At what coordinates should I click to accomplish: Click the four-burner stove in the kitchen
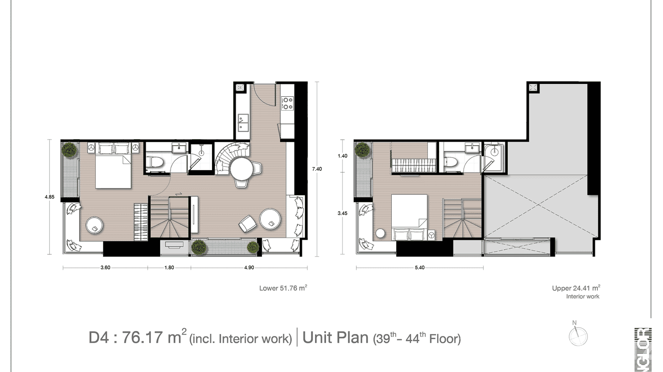[x=287, y=103]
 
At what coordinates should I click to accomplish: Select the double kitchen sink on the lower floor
[x=243, y=122]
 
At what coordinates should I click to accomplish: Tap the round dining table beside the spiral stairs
[x=242, y=169]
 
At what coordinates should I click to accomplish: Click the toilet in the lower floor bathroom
[x=154, y=161]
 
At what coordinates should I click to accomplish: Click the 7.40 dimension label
[x=317, y=169]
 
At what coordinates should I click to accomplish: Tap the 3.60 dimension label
[x=105, y=268]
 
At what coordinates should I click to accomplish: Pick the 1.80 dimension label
[x=169, y=268]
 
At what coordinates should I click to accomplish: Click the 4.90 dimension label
[x=249, y=268]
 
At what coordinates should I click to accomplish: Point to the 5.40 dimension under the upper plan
[x=419, y=268]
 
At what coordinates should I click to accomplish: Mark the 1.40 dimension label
[x=342, y=156]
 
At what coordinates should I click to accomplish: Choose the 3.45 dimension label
[x=342, y=214]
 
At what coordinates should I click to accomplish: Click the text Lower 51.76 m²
[x=283, y=288]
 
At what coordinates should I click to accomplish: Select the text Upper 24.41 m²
[x=576, y=288]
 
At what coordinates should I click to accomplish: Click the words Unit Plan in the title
[x=335, y=338]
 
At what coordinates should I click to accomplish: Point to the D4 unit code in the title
[x=99, y=338]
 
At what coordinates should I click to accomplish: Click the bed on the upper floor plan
[x=410, y=211]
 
